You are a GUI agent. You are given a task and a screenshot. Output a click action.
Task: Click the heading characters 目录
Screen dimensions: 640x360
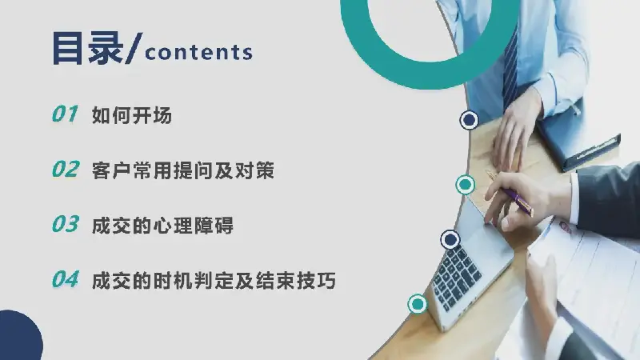point(88,48)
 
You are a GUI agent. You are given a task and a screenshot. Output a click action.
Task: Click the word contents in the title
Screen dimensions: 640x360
point(198,53)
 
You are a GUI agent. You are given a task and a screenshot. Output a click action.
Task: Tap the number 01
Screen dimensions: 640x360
point(65,114)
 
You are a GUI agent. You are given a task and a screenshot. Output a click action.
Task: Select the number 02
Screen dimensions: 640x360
point(66,169)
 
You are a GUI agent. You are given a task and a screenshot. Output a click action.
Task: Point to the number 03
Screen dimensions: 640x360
point(66,224)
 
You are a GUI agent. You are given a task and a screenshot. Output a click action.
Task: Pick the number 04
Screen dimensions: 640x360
point(66,279)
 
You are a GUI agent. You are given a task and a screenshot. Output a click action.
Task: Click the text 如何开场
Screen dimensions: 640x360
point(132,115)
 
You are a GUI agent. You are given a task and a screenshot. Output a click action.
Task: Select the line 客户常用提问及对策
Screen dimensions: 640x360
point(183,170)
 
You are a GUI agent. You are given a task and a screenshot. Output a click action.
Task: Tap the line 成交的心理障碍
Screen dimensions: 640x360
point(162,226)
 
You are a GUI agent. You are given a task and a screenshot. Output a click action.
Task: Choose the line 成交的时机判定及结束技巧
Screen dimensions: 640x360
point(214,281)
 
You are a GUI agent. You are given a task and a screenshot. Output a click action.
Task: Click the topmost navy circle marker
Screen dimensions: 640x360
point(469,120)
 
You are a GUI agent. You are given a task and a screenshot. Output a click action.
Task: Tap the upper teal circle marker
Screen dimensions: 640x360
point(466,185)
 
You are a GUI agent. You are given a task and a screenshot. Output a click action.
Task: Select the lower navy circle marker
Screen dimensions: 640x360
point(450,239)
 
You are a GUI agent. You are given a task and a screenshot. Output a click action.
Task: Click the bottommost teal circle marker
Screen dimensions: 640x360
point(417,304)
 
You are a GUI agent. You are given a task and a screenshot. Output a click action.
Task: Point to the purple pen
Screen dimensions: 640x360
point(510,193)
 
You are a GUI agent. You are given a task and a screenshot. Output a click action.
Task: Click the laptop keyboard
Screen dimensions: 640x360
point(456,276)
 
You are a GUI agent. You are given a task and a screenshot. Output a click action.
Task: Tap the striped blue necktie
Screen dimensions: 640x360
point(510,67)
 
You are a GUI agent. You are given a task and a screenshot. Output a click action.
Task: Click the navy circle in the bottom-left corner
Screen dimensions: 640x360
point(21,335)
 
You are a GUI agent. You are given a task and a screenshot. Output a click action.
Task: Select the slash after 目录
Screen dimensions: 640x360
point(134,49)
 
